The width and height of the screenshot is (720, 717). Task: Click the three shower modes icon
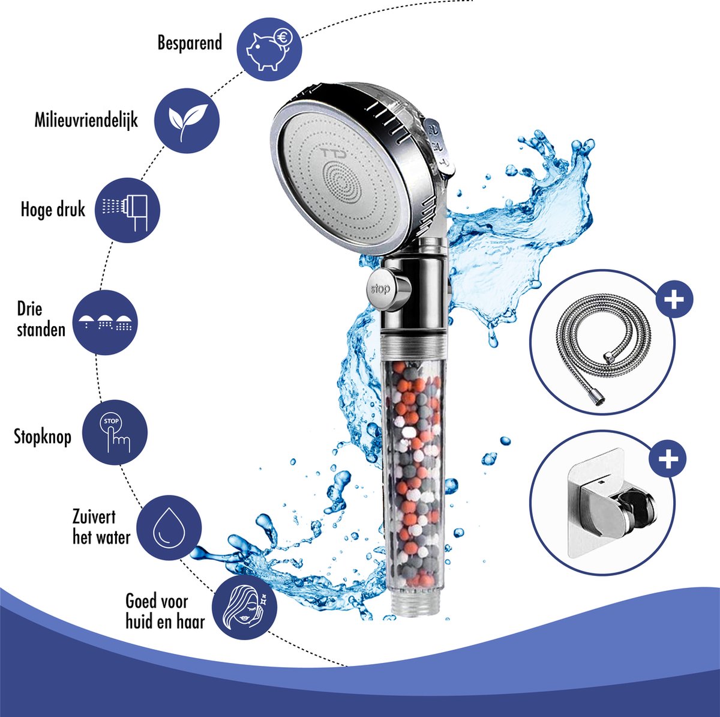pos(104,322)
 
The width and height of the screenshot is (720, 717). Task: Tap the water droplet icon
pos(169,528)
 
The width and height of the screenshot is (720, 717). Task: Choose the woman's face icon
pos(245,607)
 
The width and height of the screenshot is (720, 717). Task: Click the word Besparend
pos(190,43)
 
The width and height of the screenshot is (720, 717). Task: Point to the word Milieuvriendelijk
pos(86,121)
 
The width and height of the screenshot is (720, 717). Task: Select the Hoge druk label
pos(53,210)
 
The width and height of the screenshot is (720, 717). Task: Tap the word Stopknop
pos(43,437)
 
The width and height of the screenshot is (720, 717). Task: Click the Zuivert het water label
pos(101,527)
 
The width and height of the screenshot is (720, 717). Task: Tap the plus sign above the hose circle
pos(674,299)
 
